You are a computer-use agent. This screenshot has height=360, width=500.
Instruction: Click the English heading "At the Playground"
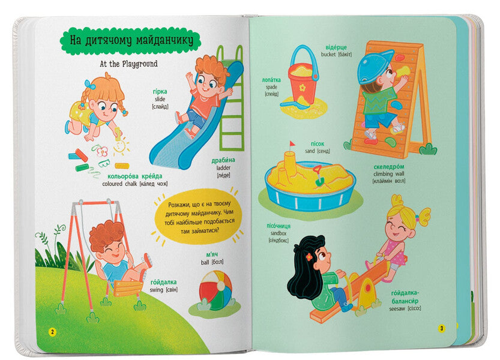coord(128,64)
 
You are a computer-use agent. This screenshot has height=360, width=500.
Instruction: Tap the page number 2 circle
coord(52,332)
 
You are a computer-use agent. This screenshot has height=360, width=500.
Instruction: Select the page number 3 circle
coord(441,328)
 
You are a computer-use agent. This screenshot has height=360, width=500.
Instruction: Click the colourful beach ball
coord(215,290)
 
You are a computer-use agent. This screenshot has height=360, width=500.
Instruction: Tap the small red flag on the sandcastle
coord(292,145)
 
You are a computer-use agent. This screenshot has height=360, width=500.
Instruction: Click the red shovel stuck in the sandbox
coord(318,176)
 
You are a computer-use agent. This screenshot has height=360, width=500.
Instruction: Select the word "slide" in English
coord(160,99)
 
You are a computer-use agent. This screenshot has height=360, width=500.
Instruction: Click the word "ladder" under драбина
coord(223,168)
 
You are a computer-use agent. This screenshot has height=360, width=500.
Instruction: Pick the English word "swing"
coord(156,290)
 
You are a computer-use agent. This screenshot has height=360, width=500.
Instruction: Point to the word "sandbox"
coord(279,233)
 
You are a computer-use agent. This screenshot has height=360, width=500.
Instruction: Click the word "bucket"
coord(328,55)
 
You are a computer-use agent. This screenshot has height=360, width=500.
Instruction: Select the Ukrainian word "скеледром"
coord(389,167)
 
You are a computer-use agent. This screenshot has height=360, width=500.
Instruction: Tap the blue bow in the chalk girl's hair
coord(89,85)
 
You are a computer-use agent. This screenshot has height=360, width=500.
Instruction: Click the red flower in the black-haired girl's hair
coord(309,256)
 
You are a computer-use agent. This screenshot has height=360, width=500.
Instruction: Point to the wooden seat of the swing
coord(128,287)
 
